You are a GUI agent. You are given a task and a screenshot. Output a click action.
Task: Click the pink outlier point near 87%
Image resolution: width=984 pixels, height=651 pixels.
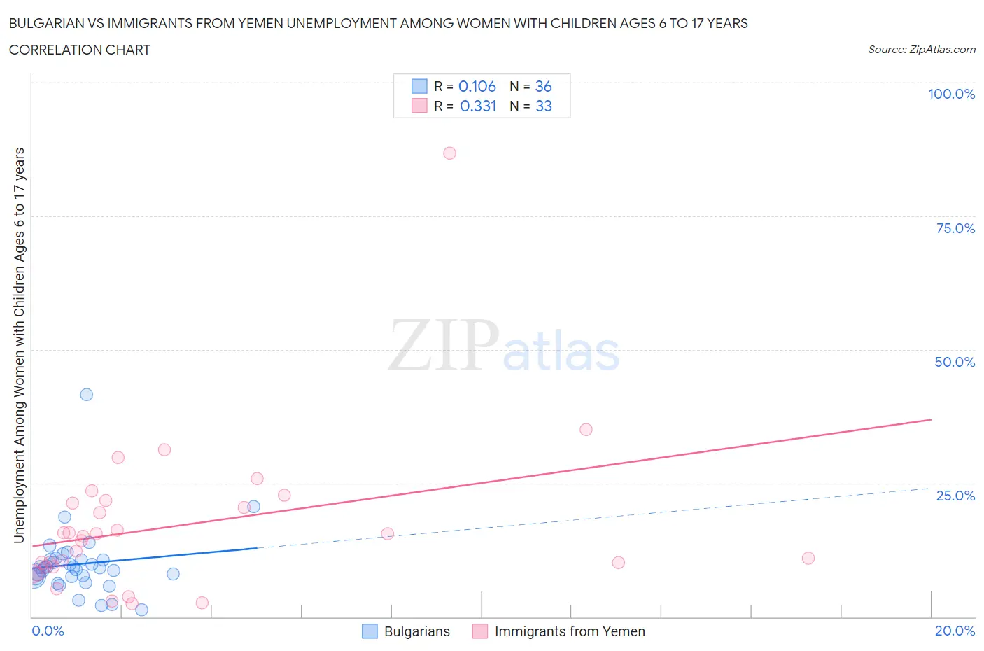point(449,153)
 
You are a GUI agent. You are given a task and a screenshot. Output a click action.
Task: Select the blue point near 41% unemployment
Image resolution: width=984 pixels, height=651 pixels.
point(87,395)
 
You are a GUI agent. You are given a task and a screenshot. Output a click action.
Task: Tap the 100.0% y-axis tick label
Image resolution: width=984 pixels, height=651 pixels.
point(951,94)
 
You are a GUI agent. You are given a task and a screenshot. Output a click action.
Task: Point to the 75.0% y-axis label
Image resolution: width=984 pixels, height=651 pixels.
point(955,228)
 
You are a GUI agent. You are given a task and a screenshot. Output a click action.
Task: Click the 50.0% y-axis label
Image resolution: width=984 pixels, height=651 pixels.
point(955,362)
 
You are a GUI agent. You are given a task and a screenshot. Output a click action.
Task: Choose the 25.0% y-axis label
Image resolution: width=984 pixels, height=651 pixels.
point(955,496)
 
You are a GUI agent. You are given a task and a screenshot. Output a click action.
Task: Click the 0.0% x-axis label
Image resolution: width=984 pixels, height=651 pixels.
point(48,631)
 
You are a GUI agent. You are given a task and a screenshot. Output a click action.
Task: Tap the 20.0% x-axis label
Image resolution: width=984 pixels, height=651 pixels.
point(955,631)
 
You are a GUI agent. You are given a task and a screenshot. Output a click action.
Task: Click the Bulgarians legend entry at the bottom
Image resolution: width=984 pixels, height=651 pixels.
point(416,631)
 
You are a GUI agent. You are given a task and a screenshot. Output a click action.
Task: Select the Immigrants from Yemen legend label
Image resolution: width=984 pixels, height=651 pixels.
point(569,631)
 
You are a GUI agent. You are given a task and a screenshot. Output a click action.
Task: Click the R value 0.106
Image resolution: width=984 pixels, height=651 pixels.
point(477,86)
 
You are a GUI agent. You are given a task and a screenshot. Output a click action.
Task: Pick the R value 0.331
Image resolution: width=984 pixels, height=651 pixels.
point(478,106)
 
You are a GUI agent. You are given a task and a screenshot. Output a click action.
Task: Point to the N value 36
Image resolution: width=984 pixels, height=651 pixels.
point(543,86)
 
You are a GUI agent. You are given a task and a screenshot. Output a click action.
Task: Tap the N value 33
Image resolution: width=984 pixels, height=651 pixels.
point(543,106)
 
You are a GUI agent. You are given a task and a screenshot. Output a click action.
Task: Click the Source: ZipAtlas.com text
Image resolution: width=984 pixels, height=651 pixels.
point(921,49)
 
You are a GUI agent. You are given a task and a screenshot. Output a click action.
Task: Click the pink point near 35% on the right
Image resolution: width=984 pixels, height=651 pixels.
point(586,430)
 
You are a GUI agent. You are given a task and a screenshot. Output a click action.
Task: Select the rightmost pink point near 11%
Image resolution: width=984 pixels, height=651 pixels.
point(808,559)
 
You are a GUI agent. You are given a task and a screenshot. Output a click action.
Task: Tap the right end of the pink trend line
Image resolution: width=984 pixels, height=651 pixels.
point(931,419)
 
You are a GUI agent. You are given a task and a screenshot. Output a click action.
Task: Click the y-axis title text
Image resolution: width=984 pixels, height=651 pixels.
point(19,346)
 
